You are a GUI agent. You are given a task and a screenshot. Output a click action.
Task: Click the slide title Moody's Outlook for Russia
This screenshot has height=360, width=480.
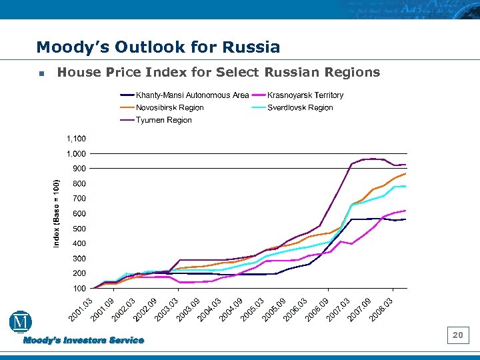click(158, 47)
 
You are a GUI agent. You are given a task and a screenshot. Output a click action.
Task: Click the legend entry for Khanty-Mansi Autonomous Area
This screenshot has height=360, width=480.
click(192, 95)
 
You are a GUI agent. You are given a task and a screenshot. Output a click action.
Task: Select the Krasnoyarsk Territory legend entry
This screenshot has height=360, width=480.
click(305, 95)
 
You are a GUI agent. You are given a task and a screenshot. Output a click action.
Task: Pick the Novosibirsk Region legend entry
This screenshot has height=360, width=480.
click(169, 107)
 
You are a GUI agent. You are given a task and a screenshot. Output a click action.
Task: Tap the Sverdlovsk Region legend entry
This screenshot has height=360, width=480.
click(300, 107)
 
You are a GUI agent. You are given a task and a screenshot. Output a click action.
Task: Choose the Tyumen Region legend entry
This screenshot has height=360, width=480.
click(163, 120)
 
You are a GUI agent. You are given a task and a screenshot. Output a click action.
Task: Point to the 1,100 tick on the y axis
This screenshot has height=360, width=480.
click(75, 139)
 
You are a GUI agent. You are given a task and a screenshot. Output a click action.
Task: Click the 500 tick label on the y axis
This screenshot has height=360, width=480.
click(78, 229)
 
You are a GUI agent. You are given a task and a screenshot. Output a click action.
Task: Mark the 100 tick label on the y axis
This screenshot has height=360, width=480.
click(78, 289)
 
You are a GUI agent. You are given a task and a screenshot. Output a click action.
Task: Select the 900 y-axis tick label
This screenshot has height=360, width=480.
click(78, 169)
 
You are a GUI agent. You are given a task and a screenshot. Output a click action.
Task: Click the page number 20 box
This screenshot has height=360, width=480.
click(457, 335)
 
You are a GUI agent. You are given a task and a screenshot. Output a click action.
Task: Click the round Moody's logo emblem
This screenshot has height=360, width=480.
click(21, 322)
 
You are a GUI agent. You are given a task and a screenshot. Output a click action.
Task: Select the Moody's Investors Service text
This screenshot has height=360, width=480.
click(84, 341)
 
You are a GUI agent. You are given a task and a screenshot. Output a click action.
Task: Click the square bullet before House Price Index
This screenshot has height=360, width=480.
click(41, 73)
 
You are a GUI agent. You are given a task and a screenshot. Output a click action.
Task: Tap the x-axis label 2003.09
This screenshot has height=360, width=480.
click(188, 307)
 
